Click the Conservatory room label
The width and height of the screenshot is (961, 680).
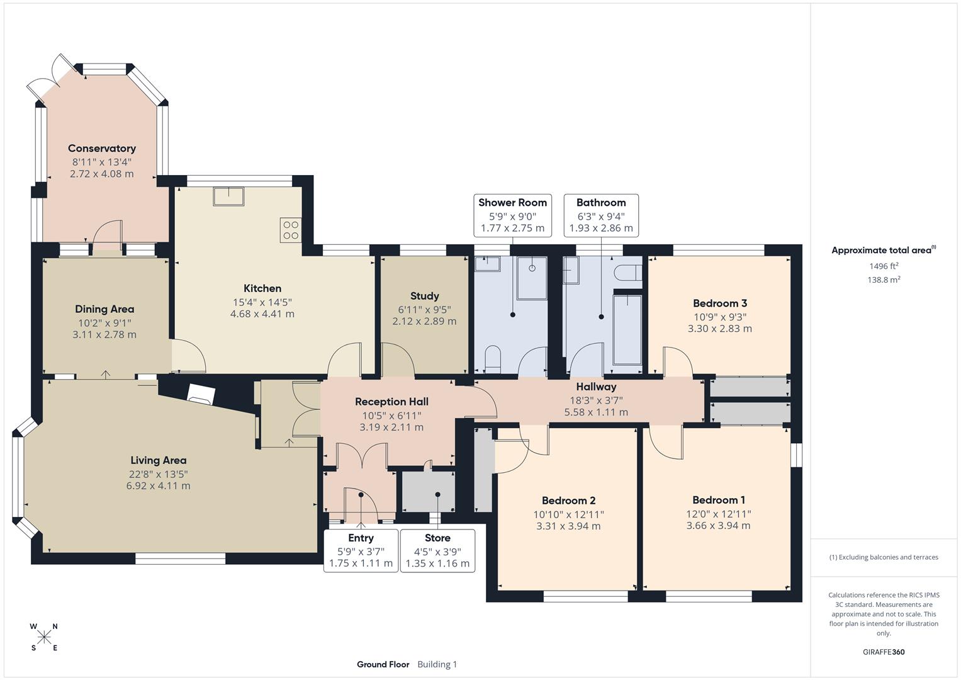pyautogui.click(x=102, y=149)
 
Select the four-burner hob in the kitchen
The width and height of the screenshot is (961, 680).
pyautogui.click(x=291, y=230)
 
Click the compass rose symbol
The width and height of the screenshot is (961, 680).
pyautogui.click(x=44, y=637)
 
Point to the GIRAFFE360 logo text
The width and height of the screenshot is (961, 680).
pyautogui.click(x=883, y=652)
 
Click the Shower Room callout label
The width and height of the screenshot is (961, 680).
pyautogui.click(x=512, y=203)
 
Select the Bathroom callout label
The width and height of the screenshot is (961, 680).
pyautogui.click(x=601, y=203)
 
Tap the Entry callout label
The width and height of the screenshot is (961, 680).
pyautogui.click(x=361, y=538)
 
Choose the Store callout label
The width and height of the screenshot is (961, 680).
pyautogui.click(x=437, y=538)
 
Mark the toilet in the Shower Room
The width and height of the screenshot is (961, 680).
pyautogui.click(x=493, y=358)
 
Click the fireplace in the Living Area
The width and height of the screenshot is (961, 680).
pyautogui.click(x=201, y=395)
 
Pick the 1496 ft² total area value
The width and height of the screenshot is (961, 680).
pyautogui.click(x=884, y=266)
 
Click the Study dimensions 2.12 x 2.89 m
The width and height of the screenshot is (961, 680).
pyautogui.click(x=424, y=321)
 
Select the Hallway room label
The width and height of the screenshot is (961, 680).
pyautogui.click(x=596, y=387)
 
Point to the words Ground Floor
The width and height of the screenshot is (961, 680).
pyautogui.click(x=383, y=664)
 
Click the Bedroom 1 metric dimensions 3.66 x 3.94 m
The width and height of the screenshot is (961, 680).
pyautogui.click(x=718, y=526)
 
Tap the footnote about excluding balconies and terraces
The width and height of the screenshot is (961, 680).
pyautogui.click(x=884, y=557)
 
